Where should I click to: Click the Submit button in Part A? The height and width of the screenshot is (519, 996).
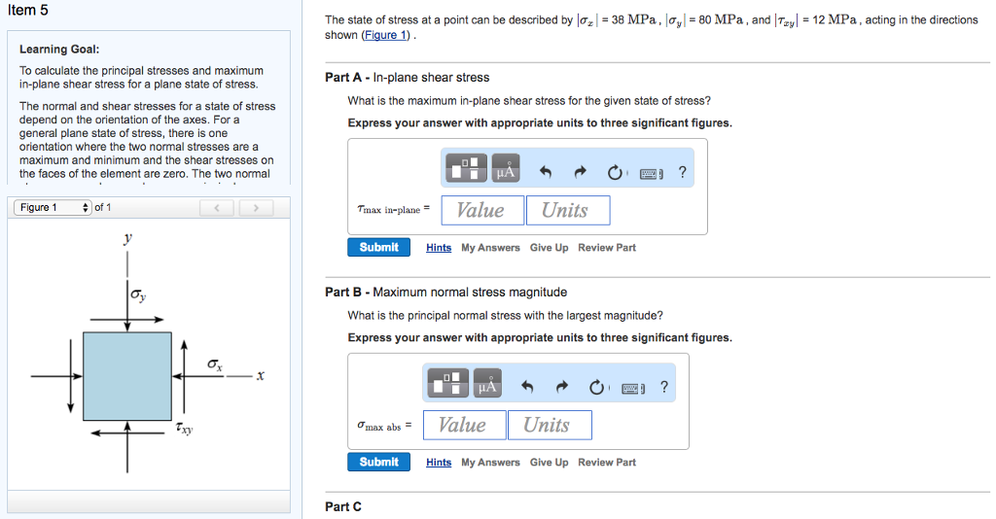point(378,248)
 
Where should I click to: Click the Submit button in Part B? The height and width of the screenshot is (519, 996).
point(378,463)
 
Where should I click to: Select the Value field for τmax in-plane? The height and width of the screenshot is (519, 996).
point(481,211)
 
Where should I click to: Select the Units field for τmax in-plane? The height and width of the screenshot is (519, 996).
point(567,211)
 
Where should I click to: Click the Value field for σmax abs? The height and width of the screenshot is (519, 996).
point(463,426)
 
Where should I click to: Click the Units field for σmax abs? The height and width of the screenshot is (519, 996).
point(549,426)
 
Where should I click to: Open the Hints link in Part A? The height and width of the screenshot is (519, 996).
point(439,248)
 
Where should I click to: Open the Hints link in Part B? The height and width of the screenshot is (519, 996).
point(439,463)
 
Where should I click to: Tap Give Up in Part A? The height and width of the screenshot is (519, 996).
point(549,248)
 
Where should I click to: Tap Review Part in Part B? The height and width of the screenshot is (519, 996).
point(606,463)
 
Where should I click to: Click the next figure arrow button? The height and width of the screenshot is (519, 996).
point(256,208)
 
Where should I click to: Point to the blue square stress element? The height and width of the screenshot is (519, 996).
point(126,373)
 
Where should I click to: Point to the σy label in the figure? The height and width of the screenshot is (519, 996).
point(139,294)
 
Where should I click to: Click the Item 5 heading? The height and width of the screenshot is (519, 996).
point(27,10)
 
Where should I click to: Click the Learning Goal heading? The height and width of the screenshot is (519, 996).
point(59,50)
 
